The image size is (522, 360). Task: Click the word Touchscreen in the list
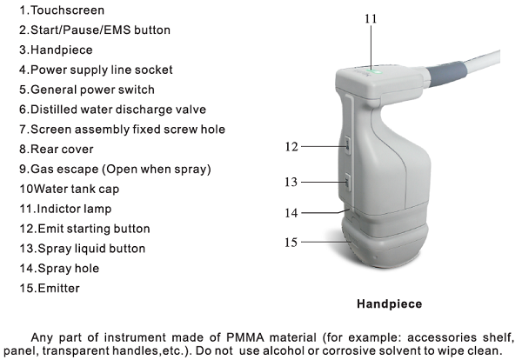click(67, 10)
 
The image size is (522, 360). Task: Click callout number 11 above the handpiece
click(371, 18)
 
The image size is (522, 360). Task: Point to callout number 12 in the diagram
click(291, 147)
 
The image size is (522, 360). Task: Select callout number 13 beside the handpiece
click(291, 182)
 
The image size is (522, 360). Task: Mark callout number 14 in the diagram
click(291, 213)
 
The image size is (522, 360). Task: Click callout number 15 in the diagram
click(291, 243)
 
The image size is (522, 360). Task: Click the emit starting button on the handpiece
click(347, 145)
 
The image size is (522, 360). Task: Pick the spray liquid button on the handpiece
click(347, 182)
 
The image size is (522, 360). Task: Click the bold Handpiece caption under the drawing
click(389, 304)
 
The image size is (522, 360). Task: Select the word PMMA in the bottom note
click(245, 337)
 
